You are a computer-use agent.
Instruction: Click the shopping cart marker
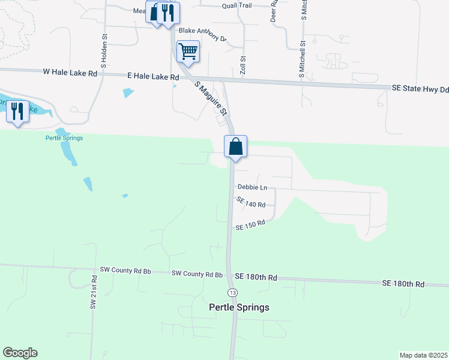pyautogui.click(x=188, y=52)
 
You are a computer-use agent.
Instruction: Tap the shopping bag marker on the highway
pyautogui.click(x=236, y=146)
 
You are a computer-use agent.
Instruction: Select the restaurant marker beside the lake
pyautogui.click(x=17, y=111)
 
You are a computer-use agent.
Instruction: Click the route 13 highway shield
pyautogui.click(x=232, y=292)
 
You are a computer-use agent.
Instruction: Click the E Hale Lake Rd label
pyautogui.click(x=153, y=77)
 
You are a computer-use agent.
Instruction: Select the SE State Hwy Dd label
pyautogui.click(x=420, y=89)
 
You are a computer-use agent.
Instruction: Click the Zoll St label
pyautogui.click(x=244, y=65)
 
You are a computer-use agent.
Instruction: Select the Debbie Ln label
pyautogui.click(x=252, y=187)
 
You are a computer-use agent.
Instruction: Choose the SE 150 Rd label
pyautogui.click(x=250, y=226)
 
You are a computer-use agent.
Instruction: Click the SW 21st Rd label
pyautogui.click(x=94, y=293)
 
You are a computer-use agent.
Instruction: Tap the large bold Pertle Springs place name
pyautogui.click(x=239, y=307)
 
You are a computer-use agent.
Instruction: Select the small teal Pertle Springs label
pyautogui.click(x=64, y=138)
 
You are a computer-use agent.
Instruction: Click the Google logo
pyautogui.click(x=20, y=353)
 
